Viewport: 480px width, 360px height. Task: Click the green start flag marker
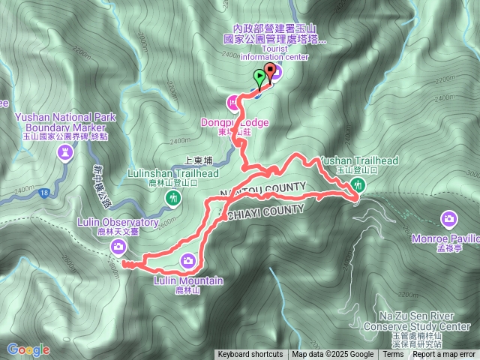[259, 76]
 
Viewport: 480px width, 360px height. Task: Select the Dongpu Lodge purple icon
[233, 100]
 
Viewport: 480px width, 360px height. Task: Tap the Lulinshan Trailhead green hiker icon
[173, 198]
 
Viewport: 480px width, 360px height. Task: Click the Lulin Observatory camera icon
[118, 246]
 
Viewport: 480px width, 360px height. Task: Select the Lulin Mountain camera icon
[187, 260]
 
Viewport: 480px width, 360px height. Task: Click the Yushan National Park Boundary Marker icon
[66, 154]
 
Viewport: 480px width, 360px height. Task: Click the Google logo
[28, 349]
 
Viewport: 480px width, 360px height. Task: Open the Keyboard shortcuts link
[250, 355]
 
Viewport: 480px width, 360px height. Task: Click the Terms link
[393, 355]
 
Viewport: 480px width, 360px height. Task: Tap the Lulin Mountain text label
[188, 281]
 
